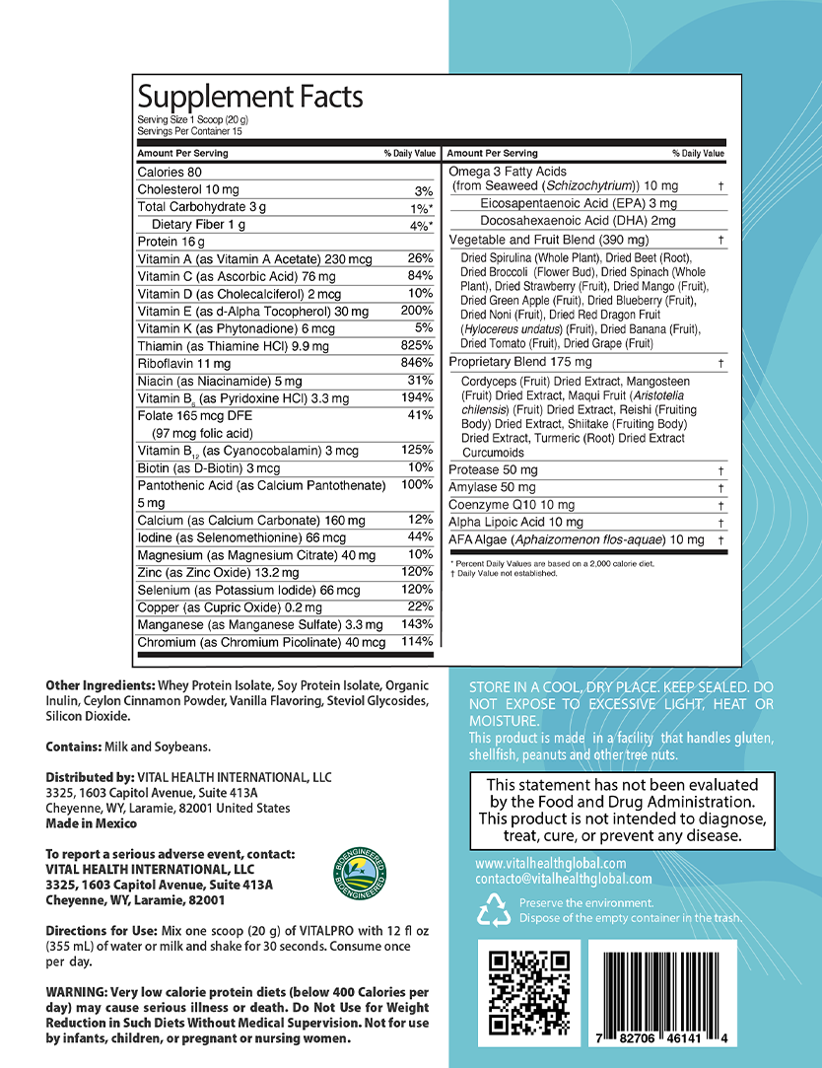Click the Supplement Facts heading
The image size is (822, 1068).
pos(250,98)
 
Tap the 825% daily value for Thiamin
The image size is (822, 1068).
pos(417,345)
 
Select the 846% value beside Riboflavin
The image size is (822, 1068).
pos(417,363)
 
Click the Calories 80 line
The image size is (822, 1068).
pos(170,173)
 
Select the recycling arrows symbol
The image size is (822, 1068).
pos(493,910)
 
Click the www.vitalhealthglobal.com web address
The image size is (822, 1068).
pos(550,863)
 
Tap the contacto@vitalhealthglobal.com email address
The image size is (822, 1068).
pos(563,879)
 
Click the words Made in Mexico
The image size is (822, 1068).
pos(92,823)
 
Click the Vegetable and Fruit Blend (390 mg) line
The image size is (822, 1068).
pos(549,240)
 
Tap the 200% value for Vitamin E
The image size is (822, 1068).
pos(417,311)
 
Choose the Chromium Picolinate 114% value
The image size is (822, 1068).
pos(417,642)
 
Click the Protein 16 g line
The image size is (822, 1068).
pos(171,242)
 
